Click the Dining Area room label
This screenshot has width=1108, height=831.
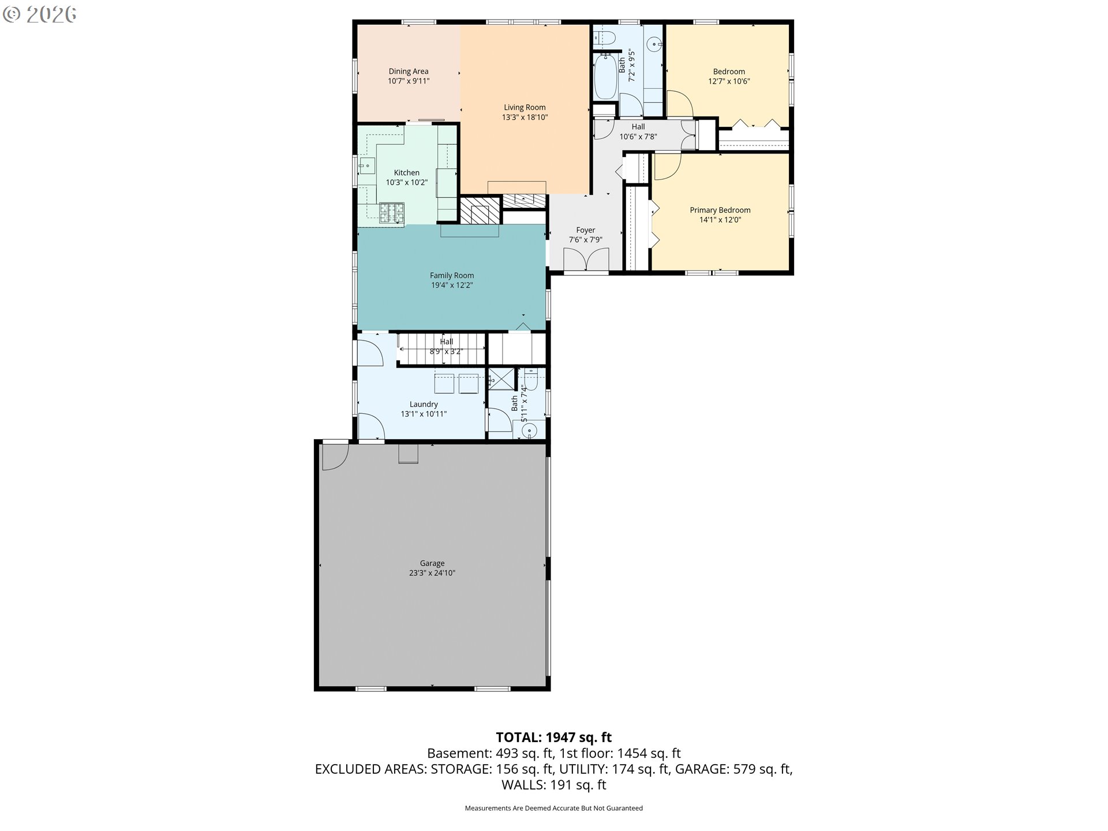pyautogui.click(x=408, y=72)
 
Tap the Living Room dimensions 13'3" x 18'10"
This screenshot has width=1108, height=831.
pyautogui.click(x=525, y=117)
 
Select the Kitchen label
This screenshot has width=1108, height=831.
pyautogui.click(x=406, y=173)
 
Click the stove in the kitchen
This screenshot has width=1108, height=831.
pyautogui.click(x=391, y=214)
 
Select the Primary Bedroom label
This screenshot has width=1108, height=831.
pyautogui.click(x=720, y=210)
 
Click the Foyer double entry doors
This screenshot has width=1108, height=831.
pyautogui.click(x=586, y=259)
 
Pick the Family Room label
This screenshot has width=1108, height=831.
pyautogui.click(x=452, y=275)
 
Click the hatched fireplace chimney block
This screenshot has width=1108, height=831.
pyautogui.click(x=480, y=211)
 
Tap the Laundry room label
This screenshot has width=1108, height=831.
pyautogui.click(x=424, y=404)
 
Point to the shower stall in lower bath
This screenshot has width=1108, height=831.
pyautogui.click(x=501, y=379)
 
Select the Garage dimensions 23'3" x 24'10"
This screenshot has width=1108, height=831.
pyautogui.click(x=432, y=573)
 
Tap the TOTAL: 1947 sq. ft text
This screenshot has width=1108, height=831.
pyautogui.click(x=554, y=737)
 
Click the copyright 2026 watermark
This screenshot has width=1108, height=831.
pyautogui.click(x=39, y=14)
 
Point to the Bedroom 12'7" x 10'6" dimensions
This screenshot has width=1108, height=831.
pyautogui.click(x=729, y=81)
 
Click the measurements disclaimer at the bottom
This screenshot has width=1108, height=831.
pyautogui.click(x=554, y=808)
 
